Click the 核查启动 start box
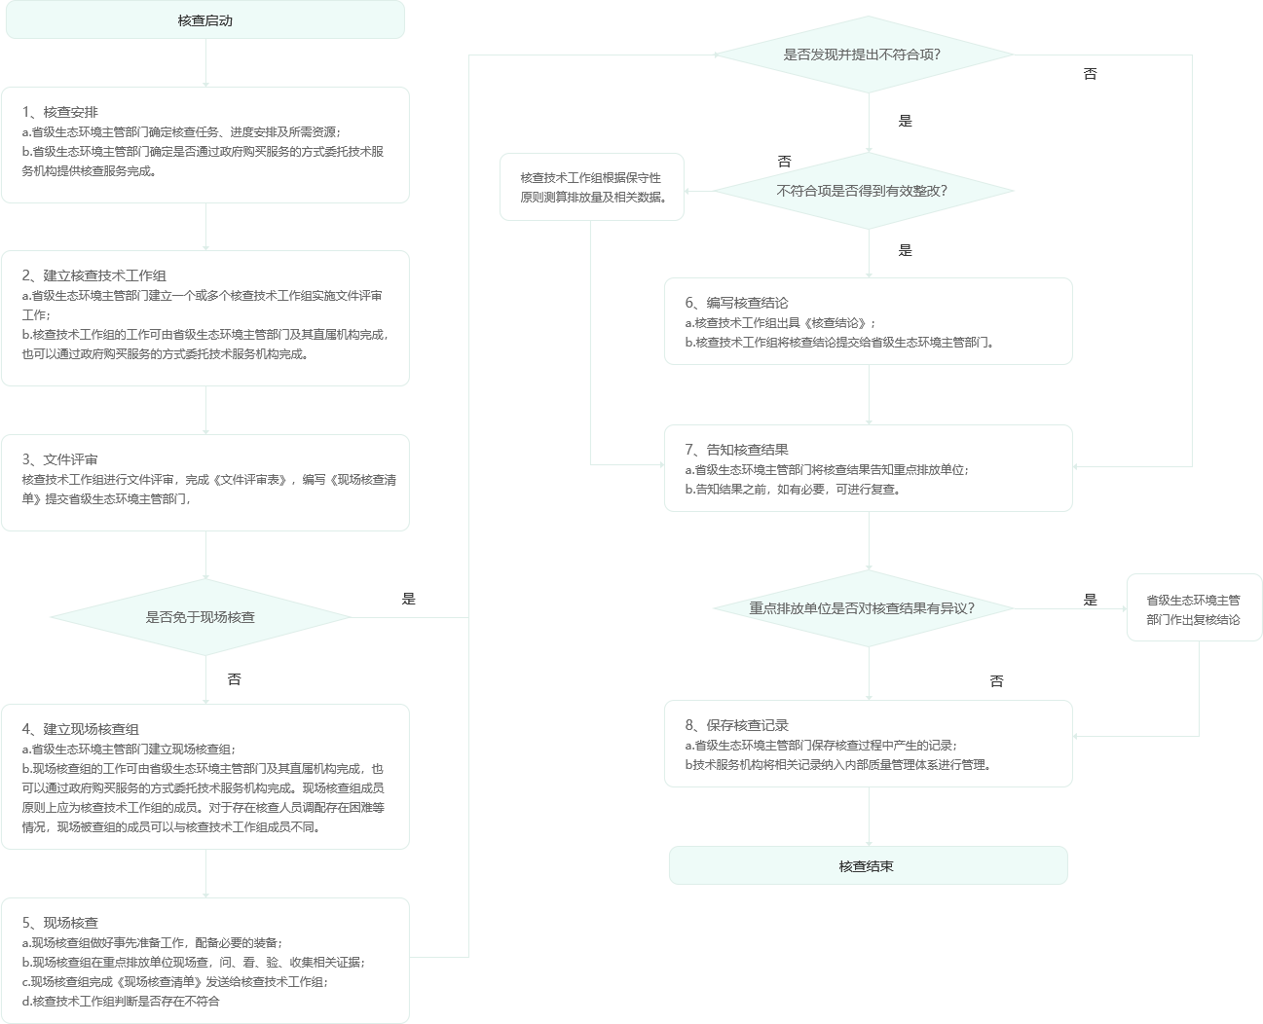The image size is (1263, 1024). tap(204, 20)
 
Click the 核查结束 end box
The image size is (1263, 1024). tap(867, 866)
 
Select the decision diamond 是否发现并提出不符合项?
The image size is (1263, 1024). tap(863, 55)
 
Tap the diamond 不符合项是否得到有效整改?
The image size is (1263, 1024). tap(863, 191)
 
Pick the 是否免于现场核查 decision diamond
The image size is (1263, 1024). tap(200, 617)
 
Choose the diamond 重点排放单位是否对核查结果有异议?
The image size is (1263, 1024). tap(863, 608)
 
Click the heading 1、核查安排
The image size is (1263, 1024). tap(60, 113)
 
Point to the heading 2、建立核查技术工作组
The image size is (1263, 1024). tap(94, 276)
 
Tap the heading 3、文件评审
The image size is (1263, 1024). tap(60, 460)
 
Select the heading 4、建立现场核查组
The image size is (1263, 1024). tap(81, 730)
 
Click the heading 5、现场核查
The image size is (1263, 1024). tap(60, 923)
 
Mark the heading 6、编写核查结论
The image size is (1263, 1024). tap(736, 303)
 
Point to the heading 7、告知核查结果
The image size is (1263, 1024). tap(736, 450)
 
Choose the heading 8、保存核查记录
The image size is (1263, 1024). tap(736, 725)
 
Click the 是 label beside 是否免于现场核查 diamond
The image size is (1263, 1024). tap(409, 600)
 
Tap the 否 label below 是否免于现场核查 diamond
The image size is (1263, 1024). tap(234, 679)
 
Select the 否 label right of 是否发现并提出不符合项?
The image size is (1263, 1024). tap(1090, 75)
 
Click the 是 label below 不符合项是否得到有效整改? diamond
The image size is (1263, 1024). tap(906, 251)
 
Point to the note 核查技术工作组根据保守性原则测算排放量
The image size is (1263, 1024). tap(593, 188)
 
